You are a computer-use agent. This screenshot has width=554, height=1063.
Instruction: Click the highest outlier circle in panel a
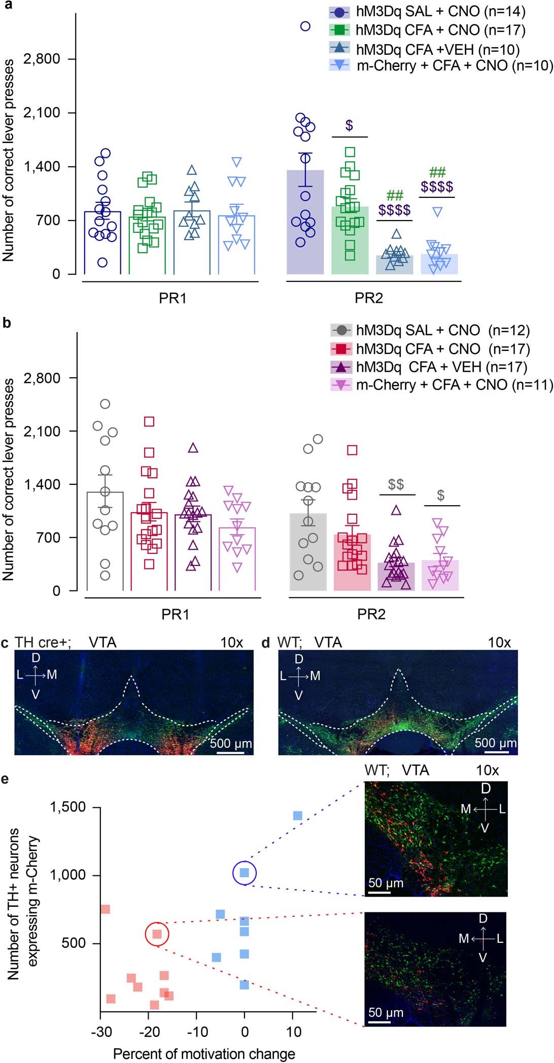coord(305,26)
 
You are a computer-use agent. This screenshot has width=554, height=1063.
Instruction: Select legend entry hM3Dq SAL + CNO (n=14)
coord(427,12)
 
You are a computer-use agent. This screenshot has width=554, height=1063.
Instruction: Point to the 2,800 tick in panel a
coord(42,59)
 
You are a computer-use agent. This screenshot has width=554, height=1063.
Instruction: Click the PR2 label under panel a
coord(368,298)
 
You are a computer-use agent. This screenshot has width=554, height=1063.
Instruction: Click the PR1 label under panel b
coord(175,614)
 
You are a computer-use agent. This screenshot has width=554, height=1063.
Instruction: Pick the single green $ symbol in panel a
coord(349,125)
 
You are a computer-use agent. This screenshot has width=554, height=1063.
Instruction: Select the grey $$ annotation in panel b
coord(396,484)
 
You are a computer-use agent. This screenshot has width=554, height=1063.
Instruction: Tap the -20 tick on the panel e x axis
coord(149,1032)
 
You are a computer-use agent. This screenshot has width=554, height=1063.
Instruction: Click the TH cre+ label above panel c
coord(43,643)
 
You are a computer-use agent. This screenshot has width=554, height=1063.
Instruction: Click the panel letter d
coord(265,643)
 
